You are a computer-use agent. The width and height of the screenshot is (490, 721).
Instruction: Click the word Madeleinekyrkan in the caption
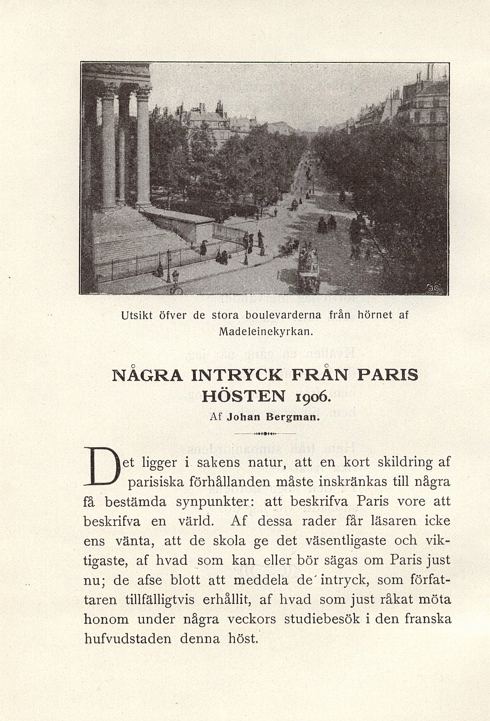tap(265, 332)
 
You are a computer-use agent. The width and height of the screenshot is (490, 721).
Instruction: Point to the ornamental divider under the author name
tap(265, 434)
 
